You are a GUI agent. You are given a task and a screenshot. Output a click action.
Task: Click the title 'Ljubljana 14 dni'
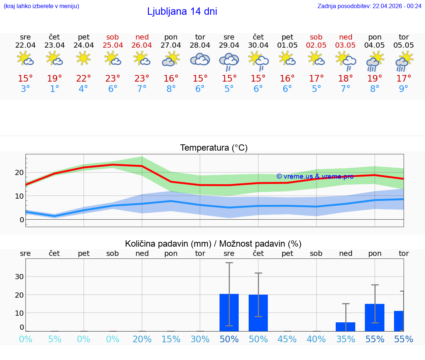[x=182, y=11]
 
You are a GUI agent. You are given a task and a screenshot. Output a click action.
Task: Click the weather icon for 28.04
[x=200, y=59]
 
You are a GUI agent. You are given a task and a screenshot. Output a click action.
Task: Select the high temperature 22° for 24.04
[x=84, y=78]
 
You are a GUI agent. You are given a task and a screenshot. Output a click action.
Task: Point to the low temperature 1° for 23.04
[x=55, y=89]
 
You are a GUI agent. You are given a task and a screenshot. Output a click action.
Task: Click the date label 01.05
[x=287, y=45]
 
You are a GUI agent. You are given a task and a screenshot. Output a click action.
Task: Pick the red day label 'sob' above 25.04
[x=113, y=37]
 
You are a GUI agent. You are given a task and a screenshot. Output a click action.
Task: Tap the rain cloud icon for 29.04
[x=229, y=61]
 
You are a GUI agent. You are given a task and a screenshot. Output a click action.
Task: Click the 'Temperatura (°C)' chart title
[x=214, y=148]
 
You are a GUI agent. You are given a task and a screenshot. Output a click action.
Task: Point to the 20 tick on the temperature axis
[x=19, y=172]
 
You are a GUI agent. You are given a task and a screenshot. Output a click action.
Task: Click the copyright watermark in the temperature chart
[x=315, y=176]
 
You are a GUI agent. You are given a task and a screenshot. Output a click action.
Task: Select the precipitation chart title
[x=213, y=244]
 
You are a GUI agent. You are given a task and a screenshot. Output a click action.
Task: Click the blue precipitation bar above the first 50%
[x=229, y=312]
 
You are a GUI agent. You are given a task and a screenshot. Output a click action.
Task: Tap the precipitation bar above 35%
[x=346, y=326]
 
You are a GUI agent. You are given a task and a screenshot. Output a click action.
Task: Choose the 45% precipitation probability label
[x=287, y=339]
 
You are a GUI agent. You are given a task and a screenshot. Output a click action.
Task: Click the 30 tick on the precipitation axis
[x=19, y=277]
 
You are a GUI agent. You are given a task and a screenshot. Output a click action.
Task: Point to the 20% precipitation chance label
[x=142, y=339]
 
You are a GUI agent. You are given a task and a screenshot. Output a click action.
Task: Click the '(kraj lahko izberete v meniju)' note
[x=41, y=6]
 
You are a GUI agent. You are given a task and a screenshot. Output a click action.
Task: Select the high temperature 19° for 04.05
[x=375, y=78]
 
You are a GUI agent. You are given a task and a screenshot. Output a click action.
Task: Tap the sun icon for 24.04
[x=84, y=58]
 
